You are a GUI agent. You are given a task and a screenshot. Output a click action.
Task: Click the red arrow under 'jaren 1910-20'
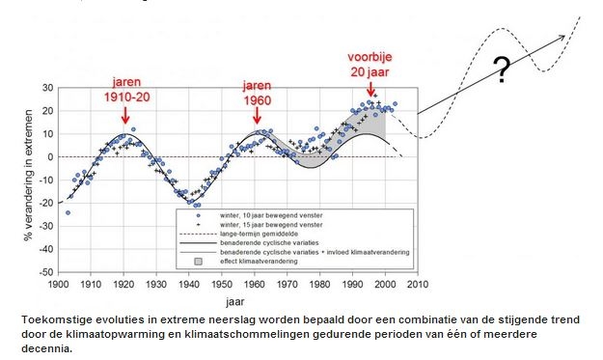[125, 115]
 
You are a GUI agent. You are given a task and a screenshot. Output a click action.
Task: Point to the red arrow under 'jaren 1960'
[257, 115]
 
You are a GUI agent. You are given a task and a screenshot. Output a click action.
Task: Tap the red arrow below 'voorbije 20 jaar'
[370, 88]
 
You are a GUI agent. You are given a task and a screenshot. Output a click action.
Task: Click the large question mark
[502, 69]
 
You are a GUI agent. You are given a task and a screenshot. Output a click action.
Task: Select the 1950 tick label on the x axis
[222, 285]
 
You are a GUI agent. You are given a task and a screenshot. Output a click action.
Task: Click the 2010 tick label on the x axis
[418, 285]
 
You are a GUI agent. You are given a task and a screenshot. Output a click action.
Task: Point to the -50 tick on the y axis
[46, 272]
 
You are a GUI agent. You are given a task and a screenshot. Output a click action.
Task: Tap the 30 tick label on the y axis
[48, 88]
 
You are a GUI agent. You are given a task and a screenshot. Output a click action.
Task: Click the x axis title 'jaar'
[235, 302]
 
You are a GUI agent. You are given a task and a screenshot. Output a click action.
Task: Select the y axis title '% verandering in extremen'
[28, 176]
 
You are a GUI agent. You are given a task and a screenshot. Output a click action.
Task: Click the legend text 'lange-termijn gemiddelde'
[259, 234]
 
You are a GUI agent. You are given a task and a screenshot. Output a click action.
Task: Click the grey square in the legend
[198, 262]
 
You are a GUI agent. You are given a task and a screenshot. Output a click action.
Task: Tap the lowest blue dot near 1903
[69, 212]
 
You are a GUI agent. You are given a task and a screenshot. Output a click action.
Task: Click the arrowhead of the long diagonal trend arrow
[562, 38]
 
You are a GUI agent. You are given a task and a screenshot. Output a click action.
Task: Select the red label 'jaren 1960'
[257, 93]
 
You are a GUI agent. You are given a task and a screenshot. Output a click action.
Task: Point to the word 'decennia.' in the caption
[47, 348]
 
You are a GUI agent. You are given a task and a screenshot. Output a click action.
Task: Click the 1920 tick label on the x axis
[123, 285]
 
